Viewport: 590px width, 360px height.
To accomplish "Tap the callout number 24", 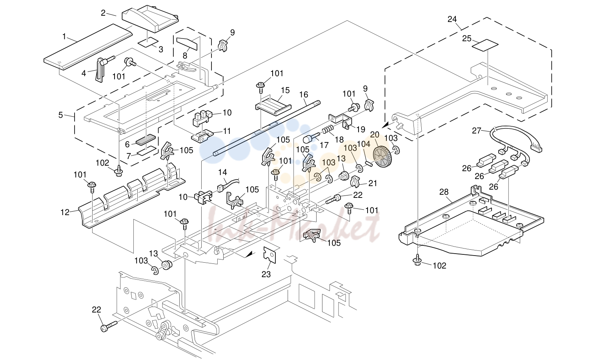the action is pos(452,19).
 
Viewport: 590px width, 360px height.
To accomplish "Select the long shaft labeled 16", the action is pos(266,128).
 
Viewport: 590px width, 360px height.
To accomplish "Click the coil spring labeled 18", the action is pos(329,130).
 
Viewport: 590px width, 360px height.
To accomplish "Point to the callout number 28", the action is pos(444,192).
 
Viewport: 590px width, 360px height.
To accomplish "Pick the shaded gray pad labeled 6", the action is pos(146,140).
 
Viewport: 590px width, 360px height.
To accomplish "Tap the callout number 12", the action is pos(65,212).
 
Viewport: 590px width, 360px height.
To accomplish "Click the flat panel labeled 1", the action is pos(88,47).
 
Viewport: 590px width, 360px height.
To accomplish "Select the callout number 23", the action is pos(266,274).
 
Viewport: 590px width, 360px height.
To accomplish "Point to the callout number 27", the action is pos(477,130).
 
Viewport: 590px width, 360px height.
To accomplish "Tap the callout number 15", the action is pos(285,90).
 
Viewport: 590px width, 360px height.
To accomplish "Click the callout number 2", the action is pos(103,13).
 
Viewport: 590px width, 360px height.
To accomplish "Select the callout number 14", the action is pos(222,172).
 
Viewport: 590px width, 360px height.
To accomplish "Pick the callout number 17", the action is pos(324,145).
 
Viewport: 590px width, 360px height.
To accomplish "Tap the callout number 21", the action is pos(373,183).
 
